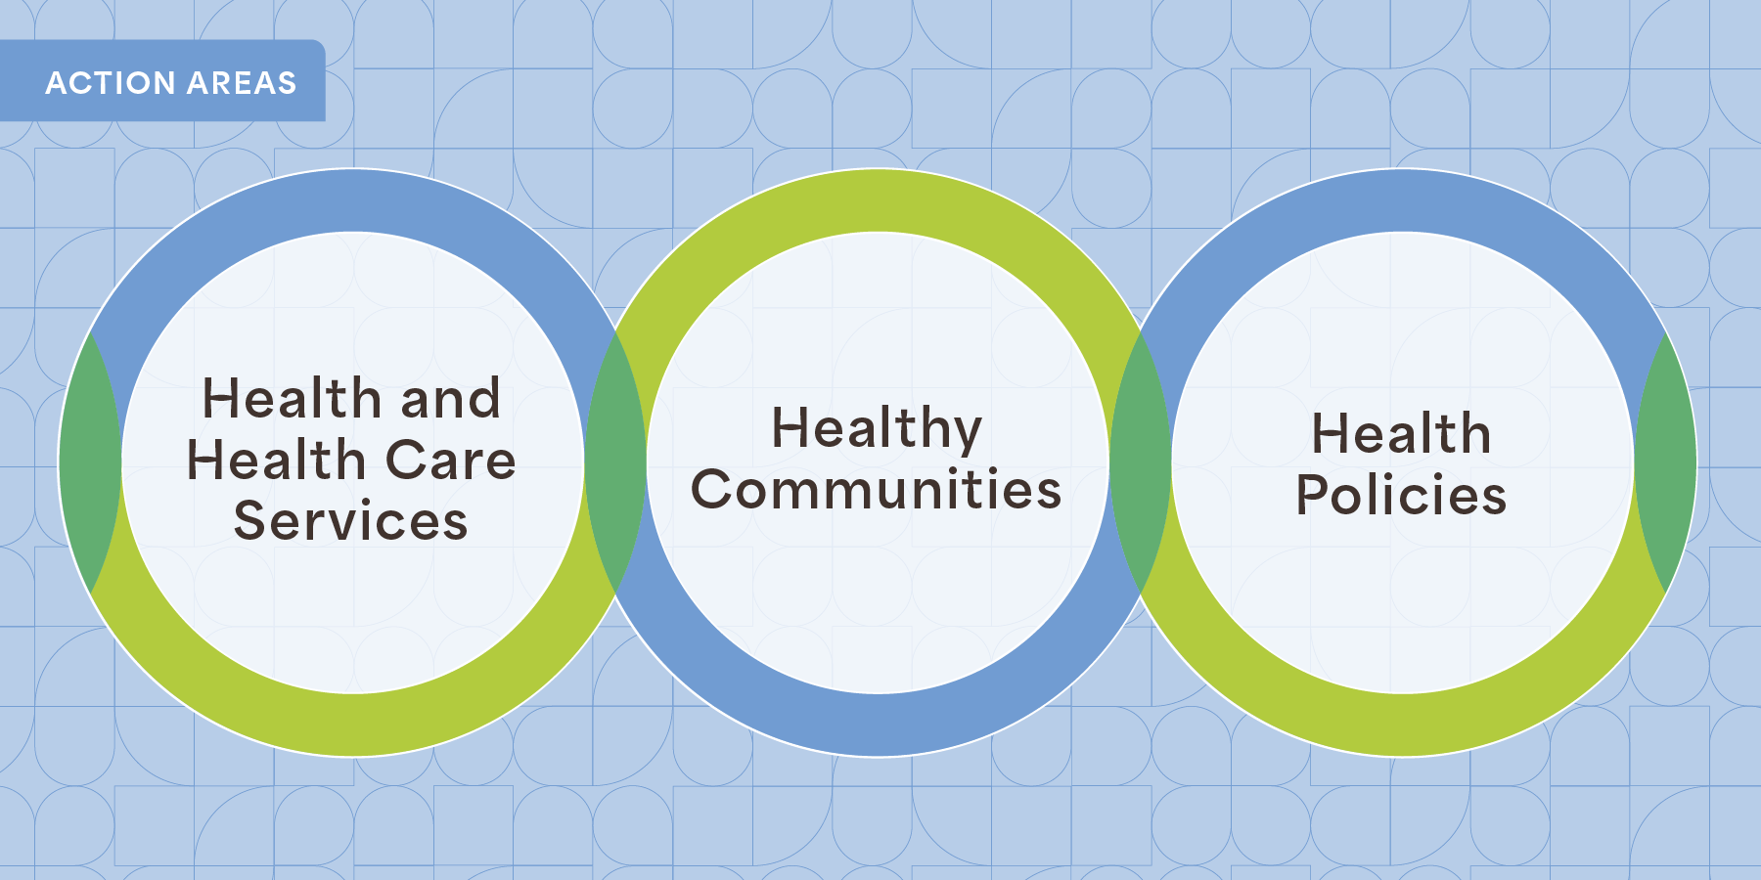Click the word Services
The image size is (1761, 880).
pyautogui.click(x=351, y=520)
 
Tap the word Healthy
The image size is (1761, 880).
pyautogui.click(x=877, y=430)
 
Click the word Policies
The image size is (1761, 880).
pyautogui.click(x=1401, y=495)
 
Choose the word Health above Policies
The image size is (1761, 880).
pyautogui.click(x=1401, y=433)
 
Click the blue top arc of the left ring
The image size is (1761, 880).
pyautogui.click(x=352, y=200)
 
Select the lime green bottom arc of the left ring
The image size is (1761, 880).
pyautogui.click(x=352, y=725)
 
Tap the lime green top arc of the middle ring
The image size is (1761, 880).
pyautogui.click(x=878, y=200)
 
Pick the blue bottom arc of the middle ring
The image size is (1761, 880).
pyautogui.click(x=878, y=725)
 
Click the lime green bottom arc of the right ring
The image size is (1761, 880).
pyautogui.click(x=1403, y=725)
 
